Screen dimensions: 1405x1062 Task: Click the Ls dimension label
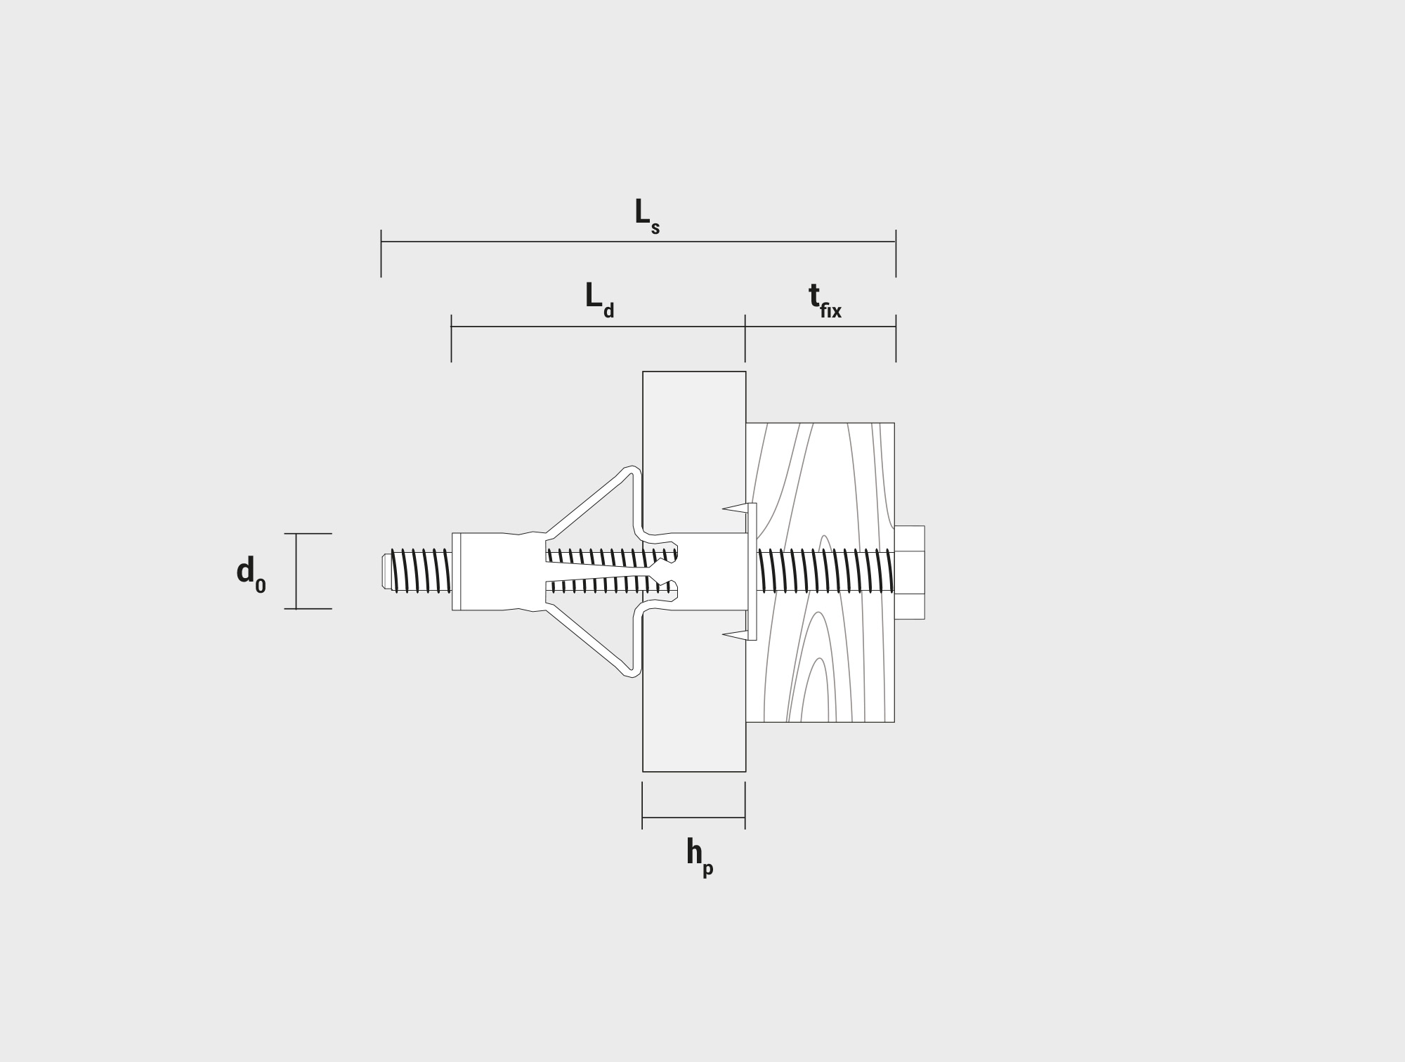pos(647,216)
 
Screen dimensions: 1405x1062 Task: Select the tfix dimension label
pos(825,301)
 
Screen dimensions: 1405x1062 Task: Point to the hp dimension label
pos(700,858)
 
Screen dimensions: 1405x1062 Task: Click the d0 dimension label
pos(251,574)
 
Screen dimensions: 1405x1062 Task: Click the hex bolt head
pos(910,572)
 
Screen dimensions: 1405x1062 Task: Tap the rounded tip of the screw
pos(386,572)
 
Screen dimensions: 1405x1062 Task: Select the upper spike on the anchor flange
pos(735,507)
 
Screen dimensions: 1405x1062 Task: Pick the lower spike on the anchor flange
pos(735,636)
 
